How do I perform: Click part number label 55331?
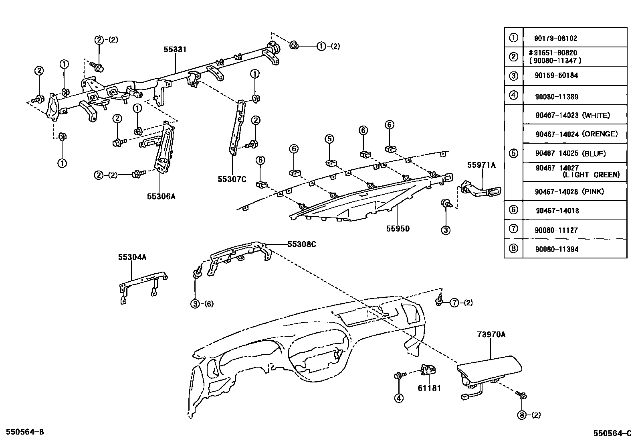[175, 49]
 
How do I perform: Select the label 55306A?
[161, 196]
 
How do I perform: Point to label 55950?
[398, 229]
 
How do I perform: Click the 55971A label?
[481, 165]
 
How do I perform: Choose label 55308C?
[301, 244]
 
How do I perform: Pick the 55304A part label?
[132, 257]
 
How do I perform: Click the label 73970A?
[491, 334]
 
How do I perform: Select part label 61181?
[429, 388]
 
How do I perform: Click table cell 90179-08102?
[555, 39]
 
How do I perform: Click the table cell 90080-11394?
[556, 249]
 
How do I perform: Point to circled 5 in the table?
[513, 153]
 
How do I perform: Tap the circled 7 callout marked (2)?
[454, 303]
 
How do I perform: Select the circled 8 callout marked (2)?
[522, 415]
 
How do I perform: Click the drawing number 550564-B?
[22, 432]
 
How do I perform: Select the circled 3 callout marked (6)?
[195, 304]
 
